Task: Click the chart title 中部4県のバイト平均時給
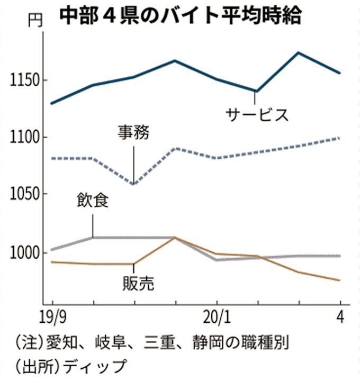pyautogui.click(x=180, y=16)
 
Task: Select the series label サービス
pyautogui.click(x=257, y=114)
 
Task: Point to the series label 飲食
pyautogui.click(x=92, y=201)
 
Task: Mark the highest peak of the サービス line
pyautogui.click(x=299, y=52)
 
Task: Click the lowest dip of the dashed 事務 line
pyautogui.click(x=133, y=184)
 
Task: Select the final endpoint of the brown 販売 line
pyautogui.click(x=340, y=280)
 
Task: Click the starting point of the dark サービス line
pyautogui.click(x=51, y=103)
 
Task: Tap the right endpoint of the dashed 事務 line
pyautogui.click(x=340, y=138)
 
